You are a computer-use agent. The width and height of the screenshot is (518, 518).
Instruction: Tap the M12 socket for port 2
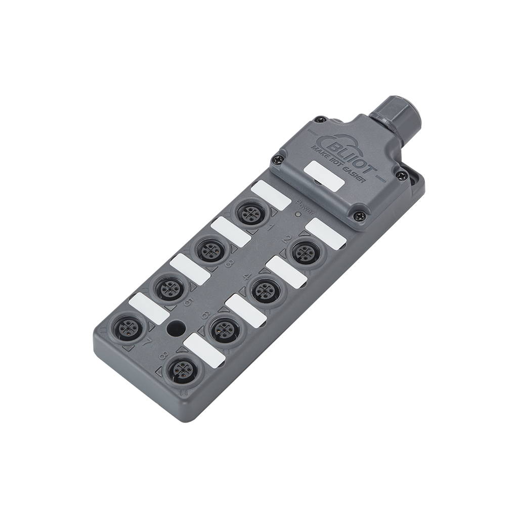tap(306, 251)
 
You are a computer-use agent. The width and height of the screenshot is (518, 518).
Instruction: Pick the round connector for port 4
tap(264, 289)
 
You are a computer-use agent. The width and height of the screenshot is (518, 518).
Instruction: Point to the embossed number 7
tap(148, 342)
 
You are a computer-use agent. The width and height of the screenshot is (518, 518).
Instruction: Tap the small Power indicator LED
tap(298, 214)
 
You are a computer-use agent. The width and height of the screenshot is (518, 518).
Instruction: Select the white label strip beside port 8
tap(204, 350)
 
